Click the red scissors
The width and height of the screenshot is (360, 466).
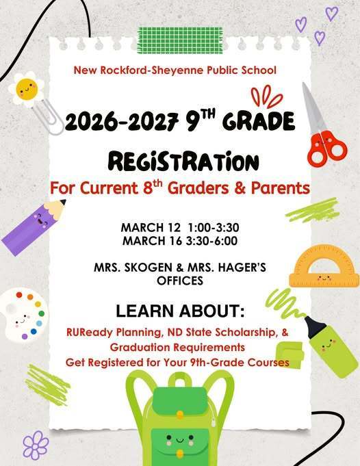pos(322,130)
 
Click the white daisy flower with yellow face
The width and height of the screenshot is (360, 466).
pos(27,89)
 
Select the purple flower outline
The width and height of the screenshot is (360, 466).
pos(36,445)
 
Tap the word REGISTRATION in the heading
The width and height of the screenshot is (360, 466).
pos(184,161)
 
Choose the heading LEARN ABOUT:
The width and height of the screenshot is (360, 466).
pos(179,312)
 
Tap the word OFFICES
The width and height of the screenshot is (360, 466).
pos(179,281)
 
